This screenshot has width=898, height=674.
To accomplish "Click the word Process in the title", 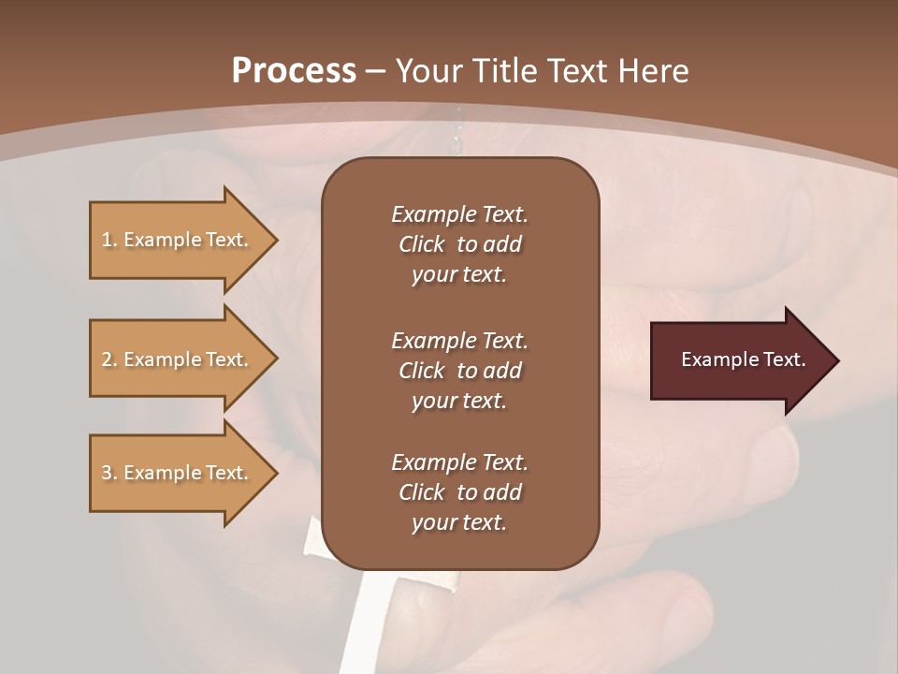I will (x=294, y=71).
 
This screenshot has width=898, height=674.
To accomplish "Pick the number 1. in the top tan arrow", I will (x=109, y=240).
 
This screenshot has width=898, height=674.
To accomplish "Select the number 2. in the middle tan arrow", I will (x=109, y=359).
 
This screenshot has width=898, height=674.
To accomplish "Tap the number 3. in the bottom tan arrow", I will (x=109, y=473).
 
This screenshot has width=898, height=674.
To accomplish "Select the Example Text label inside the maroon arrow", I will (x=743, y=359).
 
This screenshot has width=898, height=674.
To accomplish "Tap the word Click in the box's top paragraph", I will (x=422, y=244).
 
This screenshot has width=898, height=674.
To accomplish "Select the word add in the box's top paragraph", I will (x=502, y=244).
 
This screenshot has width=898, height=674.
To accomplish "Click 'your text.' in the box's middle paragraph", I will (x=458, y=401).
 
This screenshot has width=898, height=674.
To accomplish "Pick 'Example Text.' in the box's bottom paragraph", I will (x=459, y=462).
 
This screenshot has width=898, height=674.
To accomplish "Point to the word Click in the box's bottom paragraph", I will (x=422, y=492).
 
